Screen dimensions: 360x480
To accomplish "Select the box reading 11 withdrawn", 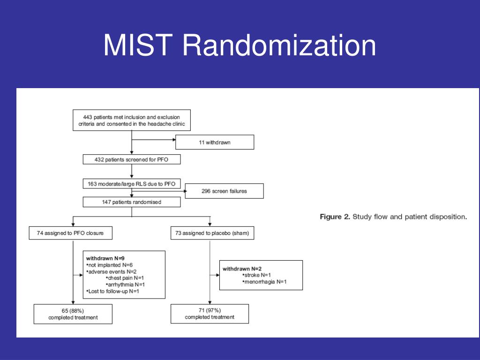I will click(214, 142).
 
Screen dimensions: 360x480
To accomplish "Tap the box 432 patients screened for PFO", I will click(131, 160).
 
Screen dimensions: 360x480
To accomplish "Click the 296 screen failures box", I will click(225, 191).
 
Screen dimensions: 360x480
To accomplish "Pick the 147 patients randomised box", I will click(131, 202).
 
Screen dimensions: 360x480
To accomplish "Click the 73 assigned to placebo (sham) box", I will click(212, 233).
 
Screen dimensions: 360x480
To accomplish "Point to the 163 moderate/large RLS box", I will click(131, 184).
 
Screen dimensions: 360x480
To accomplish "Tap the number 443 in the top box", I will click(85, 116).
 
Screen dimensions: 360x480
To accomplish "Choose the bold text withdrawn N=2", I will click(241, 269).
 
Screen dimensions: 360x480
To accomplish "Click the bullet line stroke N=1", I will click(257, 275).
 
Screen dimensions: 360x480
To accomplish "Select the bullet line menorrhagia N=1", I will click(264, 282).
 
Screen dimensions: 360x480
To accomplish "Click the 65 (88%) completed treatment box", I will click(73, 314).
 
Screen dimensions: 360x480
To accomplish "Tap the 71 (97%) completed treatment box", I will click(210, 314).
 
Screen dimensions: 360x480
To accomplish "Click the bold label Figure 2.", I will click(335, 217).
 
